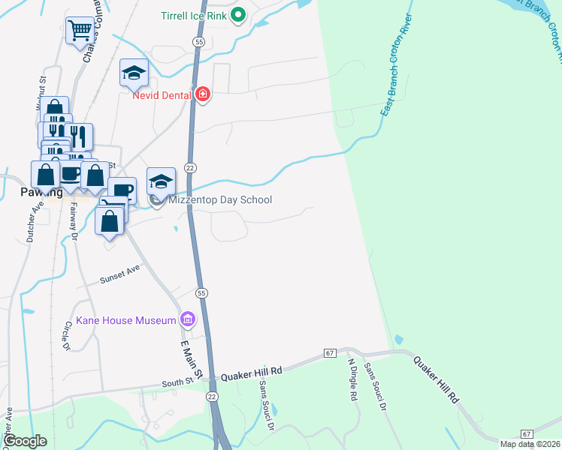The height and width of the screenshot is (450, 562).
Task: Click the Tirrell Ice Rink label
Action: [x=194, y=14]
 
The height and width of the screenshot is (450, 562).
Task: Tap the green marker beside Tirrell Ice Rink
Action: [x=238, y=14]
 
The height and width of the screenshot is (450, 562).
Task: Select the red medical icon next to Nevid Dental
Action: [x=202, y=94]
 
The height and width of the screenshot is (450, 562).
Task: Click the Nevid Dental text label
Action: [x=162, y=95]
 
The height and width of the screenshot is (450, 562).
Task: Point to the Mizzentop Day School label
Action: [x=220, y=200]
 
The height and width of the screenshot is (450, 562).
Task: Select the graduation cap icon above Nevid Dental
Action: [x=134, y=73]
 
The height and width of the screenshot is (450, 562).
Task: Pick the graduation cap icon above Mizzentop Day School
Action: [x=161, y=181]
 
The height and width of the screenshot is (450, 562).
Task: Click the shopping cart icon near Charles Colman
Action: [x=80, y=31]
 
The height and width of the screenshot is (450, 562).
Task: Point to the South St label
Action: [x=177, y=384]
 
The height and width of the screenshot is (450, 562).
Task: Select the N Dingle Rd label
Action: [x=352, y=379]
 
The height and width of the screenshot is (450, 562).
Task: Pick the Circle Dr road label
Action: [x=66, y=336]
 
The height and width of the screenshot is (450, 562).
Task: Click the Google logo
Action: [x=26, y=441]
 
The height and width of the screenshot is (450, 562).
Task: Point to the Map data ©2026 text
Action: [x=527, y=444]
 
